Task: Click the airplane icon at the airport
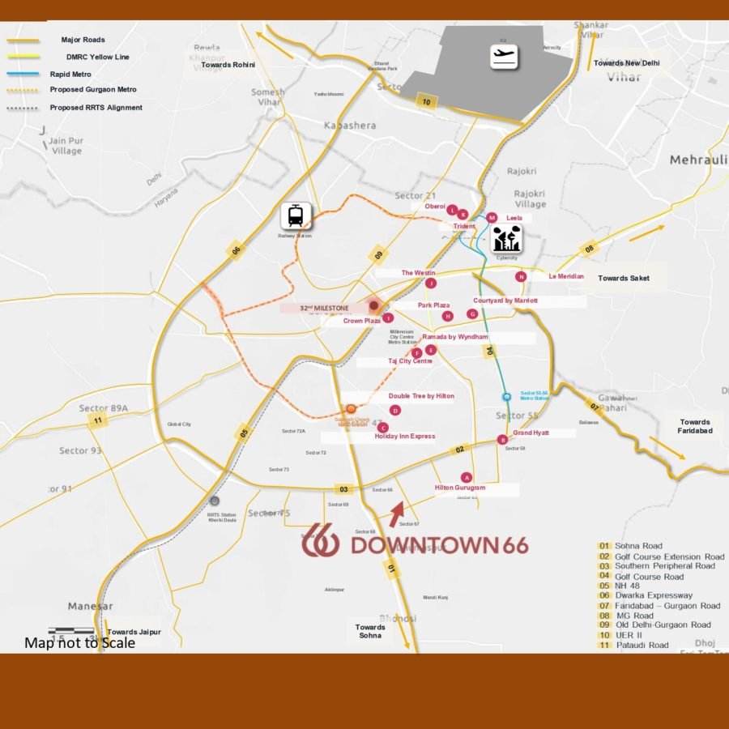click(x=505, y=57)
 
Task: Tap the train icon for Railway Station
click(x=296, y=216)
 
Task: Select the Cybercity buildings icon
click(x=507, y=239)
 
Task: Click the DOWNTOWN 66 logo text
click(x=438, y=544)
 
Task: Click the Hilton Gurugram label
click(x=460, y=488)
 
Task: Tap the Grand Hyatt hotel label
click(x=531, y=433)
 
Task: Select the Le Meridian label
click(x=566, y=276)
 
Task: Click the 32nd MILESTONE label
click(x=324, y=308)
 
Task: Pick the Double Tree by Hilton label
click(x=421, y=396)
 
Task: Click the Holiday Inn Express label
click(x=405, y=437)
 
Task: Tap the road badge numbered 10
click(x=425, y=102)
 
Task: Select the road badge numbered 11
click(x=98, y=420)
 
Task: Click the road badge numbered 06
click(x=237, y=252)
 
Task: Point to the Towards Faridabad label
click(x=695, y=426)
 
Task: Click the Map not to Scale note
click(x=79, y=643)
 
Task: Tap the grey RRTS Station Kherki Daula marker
click(x=215, y=501)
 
